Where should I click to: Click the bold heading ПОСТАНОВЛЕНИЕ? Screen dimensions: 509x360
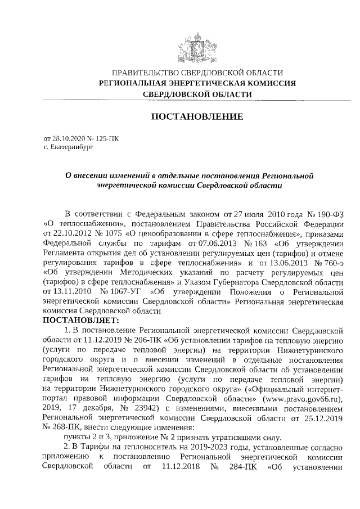tap(196, 116)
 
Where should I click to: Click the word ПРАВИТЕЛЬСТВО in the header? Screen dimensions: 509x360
tap(146, 73)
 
